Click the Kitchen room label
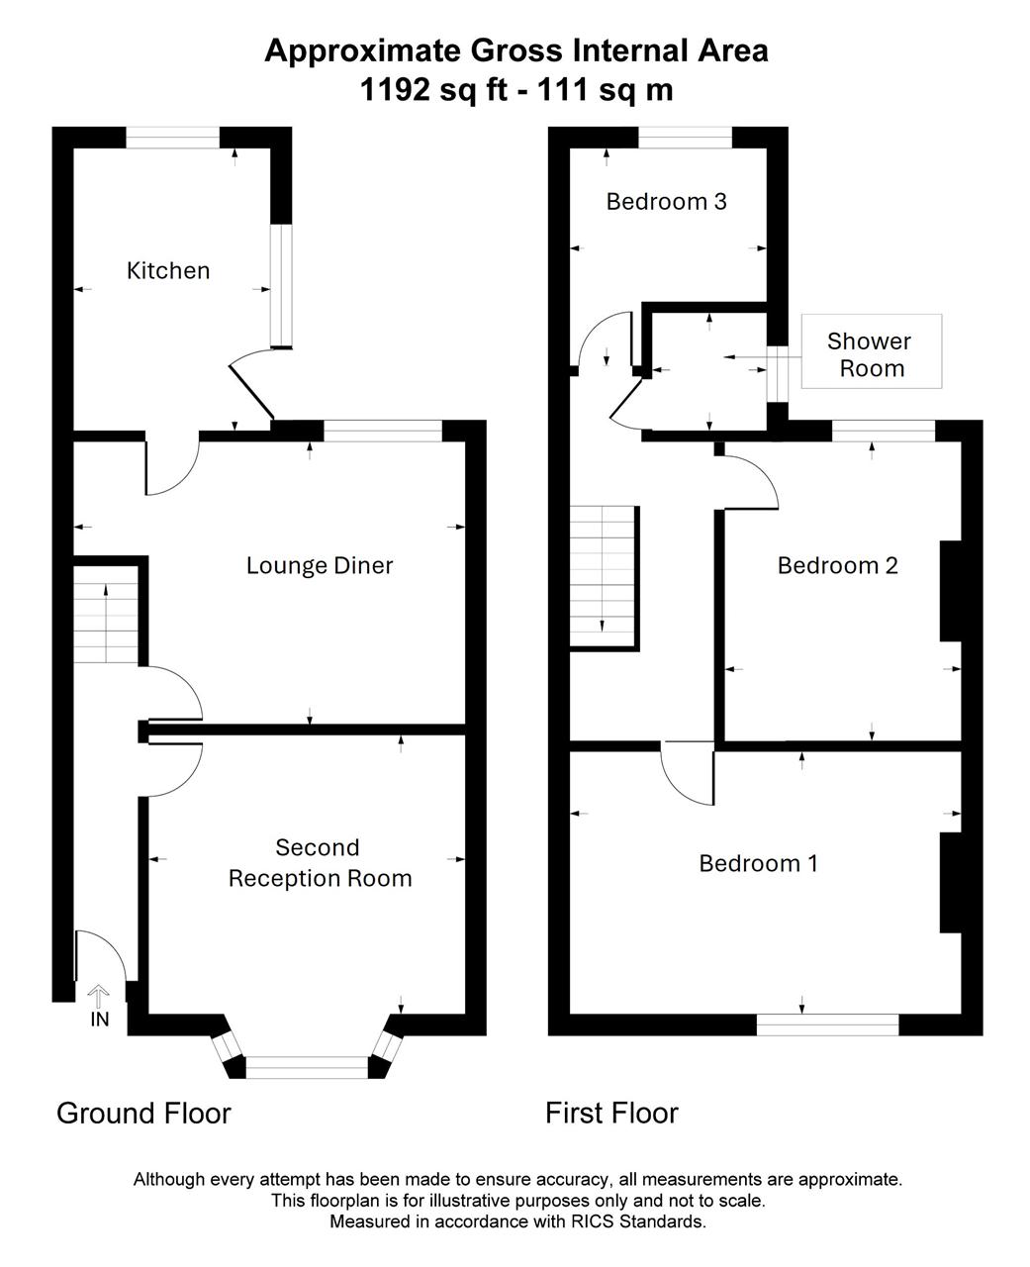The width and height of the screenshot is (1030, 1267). (168, 270)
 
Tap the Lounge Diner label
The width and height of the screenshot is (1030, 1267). (320, 565)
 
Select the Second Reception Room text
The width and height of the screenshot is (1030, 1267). (320, 862)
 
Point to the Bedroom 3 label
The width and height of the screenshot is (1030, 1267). (666, 202)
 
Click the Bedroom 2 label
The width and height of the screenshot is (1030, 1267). (837, 565)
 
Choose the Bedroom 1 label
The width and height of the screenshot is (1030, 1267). (758, 863)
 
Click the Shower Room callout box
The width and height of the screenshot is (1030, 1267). (872, 351)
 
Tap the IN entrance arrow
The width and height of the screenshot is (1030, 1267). (99, 995)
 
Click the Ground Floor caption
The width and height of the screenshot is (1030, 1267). (143, 1113)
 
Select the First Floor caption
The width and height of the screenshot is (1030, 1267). (611, 1113)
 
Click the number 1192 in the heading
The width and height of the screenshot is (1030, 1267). (395, 90)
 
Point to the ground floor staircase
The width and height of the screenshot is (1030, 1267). (106, 614)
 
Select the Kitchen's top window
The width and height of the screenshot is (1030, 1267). (172, 138)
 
